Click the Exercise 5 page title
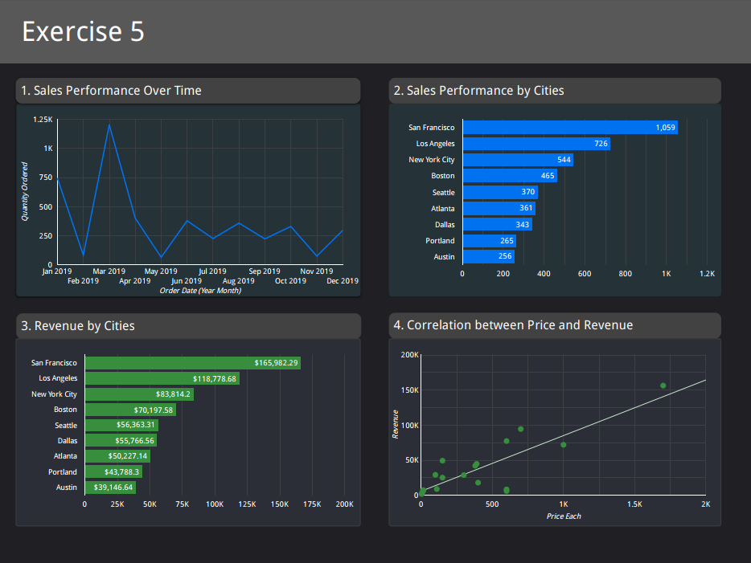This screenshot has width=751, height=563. pyautogui.click(x=83, y=31)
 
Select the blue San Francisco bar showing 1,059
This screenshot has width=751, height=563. pyautogui.click(x=569, y=127)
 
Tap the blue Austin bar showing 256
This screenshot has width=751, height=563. pyautogui.click(x=488, y=256)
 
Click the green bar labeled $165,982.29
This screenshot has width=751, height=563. pyautogui.click(x=192, y=363)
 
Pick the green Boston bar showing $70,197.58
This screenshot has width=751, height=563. pyautogui.click(x=129, y=410)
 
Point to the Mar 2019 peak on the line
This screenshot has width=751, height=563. pyautogui.click(x=109, y=124)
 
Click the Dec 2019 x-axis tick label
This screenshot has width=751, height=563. pyautogui.click(x=343, y=281)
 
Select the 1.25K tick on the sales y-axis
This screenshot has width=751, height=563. pyautogui.click(x=43, y=120)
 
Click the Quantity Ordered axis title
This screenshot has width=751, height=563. pyautogui.click(x=25, y=192)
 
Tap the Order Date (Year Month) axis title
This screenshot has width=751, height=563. pyautogui.click(x=200, y=291)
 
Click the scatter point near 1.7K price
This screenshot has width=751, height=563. pyautogui.click(x=663, y=386)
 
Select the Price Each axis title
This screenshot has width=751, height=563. pyautogui.click(x=564, y=516)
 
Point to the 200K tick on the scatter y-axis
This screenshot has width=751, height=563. pyautogui.click(x=409, y=355)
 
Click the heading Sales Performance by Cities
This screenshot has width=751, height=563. pyautogui.click(x=478, y=91)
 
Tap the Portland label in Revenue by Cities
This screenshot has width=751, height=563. pyautogui.click(x=63, y=472)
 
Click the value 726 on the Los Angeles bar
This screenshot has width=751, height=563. pyautogui.click(x=601, y=144)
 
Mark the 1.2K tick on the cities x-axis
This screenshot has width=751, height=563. pyautogui.click(x=707, y=274)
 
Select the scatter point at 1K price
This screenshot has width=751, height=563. pyautogui.click(x=564, y=445)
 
